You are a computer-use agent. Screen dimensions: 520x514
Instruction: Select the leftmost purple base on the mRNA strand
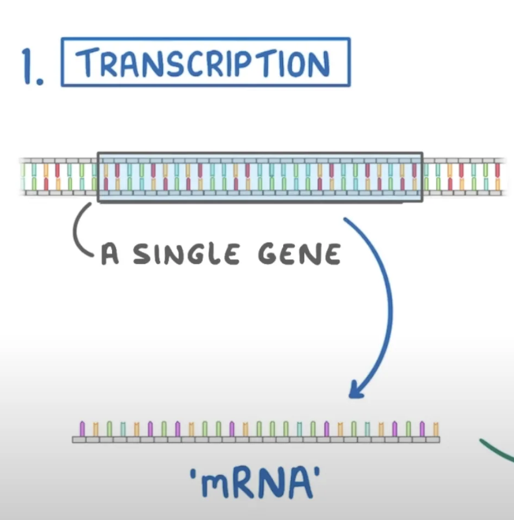pyautogui.click(x=82, y=429)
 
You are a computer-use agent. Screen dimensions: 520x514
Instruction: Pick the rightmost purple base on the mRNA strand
pyautogui.click(x=423, y=429)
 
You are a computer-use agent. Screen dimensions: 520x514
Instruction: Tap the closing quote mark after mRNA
pyautogui.click(x=321, y=474)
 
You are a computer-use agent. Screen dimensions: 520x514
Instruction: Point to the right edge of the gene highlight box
pyautogui.click(x=423, y=176)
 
